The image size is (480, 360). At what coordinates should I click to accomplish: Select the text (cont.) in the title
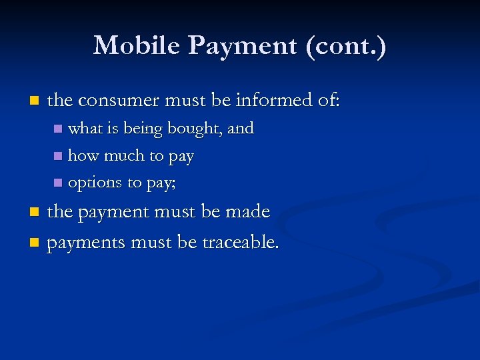point(356,45)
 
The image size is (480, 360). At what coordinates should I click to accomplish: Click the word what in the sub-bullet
point(83,129)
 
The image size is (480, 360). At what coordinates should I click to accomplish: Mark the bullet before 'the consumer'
point(35,101)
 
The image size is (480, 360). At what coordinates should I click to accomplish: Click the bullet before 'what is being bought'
point(58,129)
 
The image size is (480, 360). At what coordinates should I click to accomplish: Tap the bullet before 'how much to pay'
point(58,156)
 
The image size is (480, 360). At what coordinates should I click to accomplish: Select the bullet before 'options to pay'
point(58,183)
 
